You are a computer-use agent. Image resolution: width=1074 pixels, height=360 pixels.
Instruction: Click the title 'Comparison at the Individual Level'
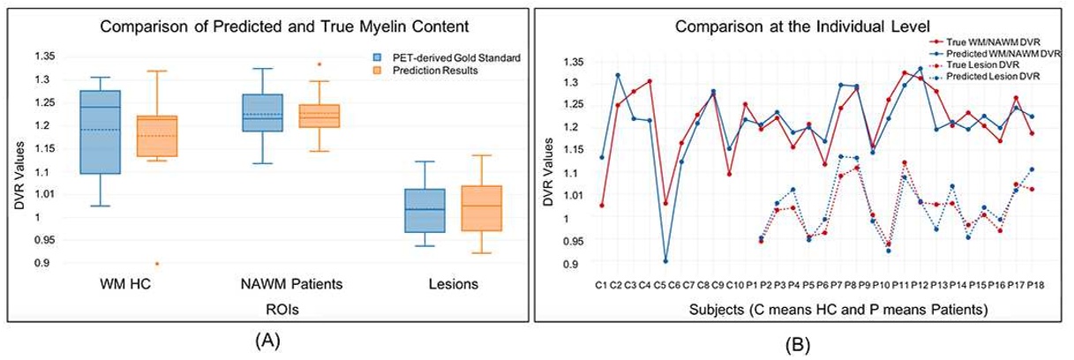[804, 26]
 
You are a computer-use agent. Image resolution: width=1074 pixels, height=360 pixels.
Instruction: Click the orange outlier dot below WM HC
[157, 263]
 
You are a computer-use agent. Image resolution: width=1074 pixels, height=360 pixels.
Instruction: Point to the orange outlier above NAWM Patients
[319, 64]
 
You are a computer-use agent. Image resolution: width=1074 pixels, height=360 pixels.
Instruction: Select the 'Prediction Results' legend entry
[429, 70]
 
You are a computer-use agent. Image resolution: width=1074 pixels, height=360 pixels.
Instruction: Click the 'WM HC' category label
[128, 285]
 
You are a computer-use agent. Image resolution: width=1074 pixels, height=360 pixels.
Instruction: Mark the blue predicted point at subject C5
[665, 261]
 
